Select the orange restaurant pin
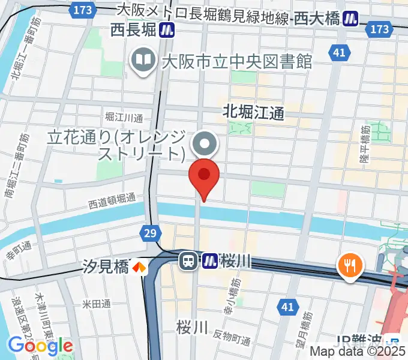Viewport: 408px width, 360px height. coord(349,265)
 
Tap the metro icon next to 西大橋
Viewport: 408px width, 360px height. coord(350,20)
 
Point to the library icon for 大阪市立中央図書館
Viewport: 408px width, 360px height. coord(143,60)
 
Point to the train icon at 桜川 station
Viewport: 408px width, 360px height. coord(188,260)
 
